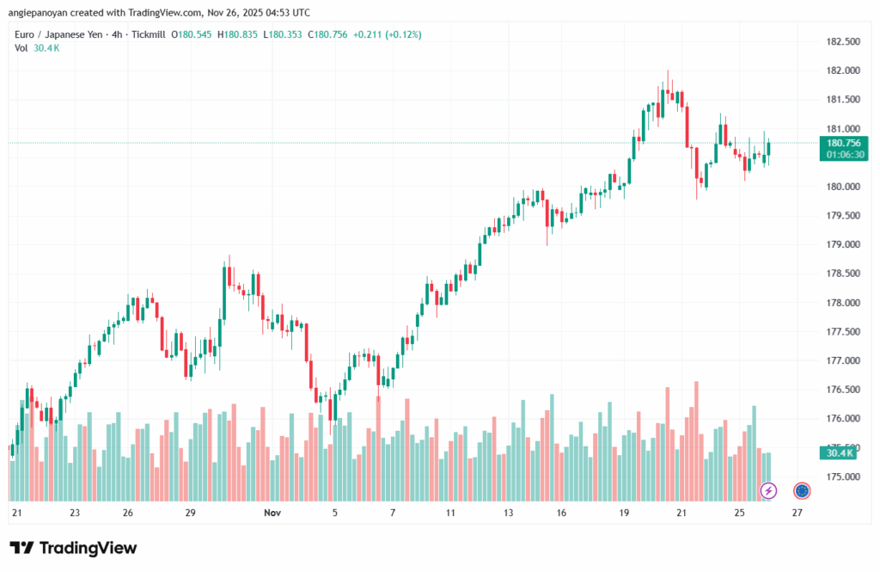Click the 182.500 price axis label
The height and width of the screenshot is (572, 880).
[840, 41]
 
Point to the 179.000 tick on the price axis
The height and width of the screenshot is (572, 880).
[840, 245]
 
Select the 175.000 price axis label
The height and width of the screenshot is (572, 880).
[840, 477]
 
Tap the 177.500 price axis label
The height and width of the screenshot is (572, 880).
[840, 331]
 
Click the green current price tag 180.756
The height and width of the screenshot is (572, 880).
[845, 143]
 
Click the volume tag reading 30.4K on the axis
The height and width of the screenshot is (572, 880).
[840, 452]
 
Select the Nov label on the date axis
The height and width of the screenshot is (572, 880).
[272, 513]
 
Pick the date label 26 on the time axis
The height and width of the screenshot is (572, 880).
[127, 513]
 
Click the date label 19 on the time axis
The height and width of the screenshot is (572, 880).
[624, 513]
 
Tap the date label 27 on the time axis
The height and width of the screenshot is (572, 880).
[797, 513]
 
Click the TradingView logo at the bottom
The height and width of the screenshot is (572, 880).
[73, 548]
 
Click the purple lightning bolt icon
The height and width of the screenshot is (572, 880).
[769, 490]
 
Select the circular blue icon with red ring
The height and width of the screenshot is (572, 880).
[802, 490]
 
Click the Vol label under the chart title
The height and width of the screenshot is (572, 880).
[21, 48]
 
